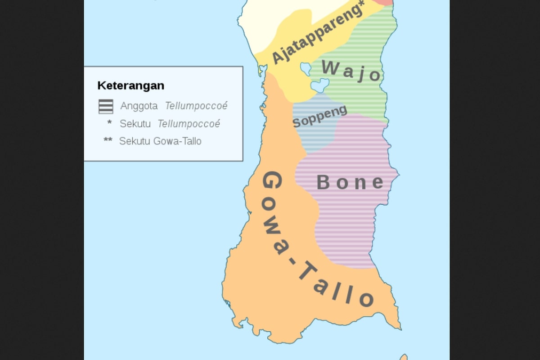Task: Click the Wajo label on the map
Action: (x=351, y=71)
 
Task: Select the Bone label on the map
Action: (x=350, y=182)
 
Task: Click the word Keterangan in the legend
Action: (x=130, y=85)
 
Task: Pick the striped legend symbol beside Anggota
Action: (x=106, y=107)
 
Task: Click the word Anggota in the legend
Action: (x=139, y=106)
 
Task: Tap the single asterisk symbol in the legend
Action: (x=109, y=123)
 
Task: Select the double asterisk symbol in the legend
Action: (x=108, y=140)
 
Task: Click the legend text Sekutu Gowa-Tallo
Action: (x=160, y=141)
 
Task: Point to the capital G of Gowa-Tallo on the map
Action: (x=272, y=182)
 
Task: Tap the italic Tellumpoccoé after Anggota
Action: (x=196, y=106)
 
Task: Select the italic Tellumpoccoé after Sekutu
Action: (x=189, y=124)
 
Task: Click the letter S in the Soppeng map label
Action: (x=297, y=122)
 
